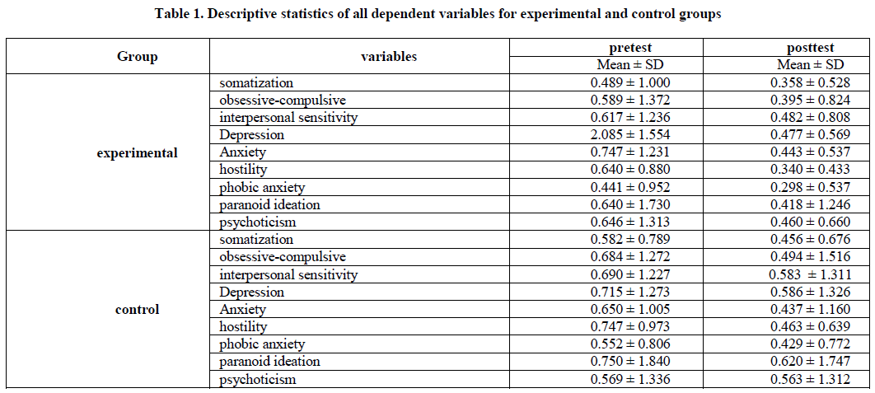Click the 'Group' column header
pyautogui.click(x=138, y=57)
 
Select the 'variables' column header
pyautogui.click(x=389, y=57)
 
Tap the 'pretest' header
pyautogui.click(x=630, y=49)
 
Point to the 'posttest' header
pyautogui.click(x=811, y=49)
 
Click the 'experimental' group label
pyautogui.click(x=138, y=152)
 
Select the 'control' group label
pyautogui.click(x=138, y=310)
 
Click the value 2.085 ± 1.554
pyautogui.click(x=630, y=135)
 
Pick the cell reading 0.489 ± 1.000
pyautogui.click(x=630, y=83)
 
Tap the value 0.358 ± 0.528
pyautogui.click(x=811, y=83)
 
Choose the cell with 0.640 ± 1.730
pyautogui.click(x=630, y=205)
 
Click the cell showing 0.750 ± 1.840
pyautogui.click(x=630, y=362)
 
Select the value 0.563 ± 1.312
pyautogui.click(x=811, y=380)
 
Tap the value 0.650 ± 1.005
pyautogui.click(x=630, y=310)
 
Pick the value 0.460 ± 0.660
pyautogui.click(x=811, y=222)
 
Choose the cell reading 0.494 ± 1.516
pyautogui.click(x=811, y=257)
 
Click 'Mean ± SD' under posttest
pyautogui.click(x=811, y=65)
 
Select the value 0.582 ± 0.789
pyautogui.click(x=630, y=240)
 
